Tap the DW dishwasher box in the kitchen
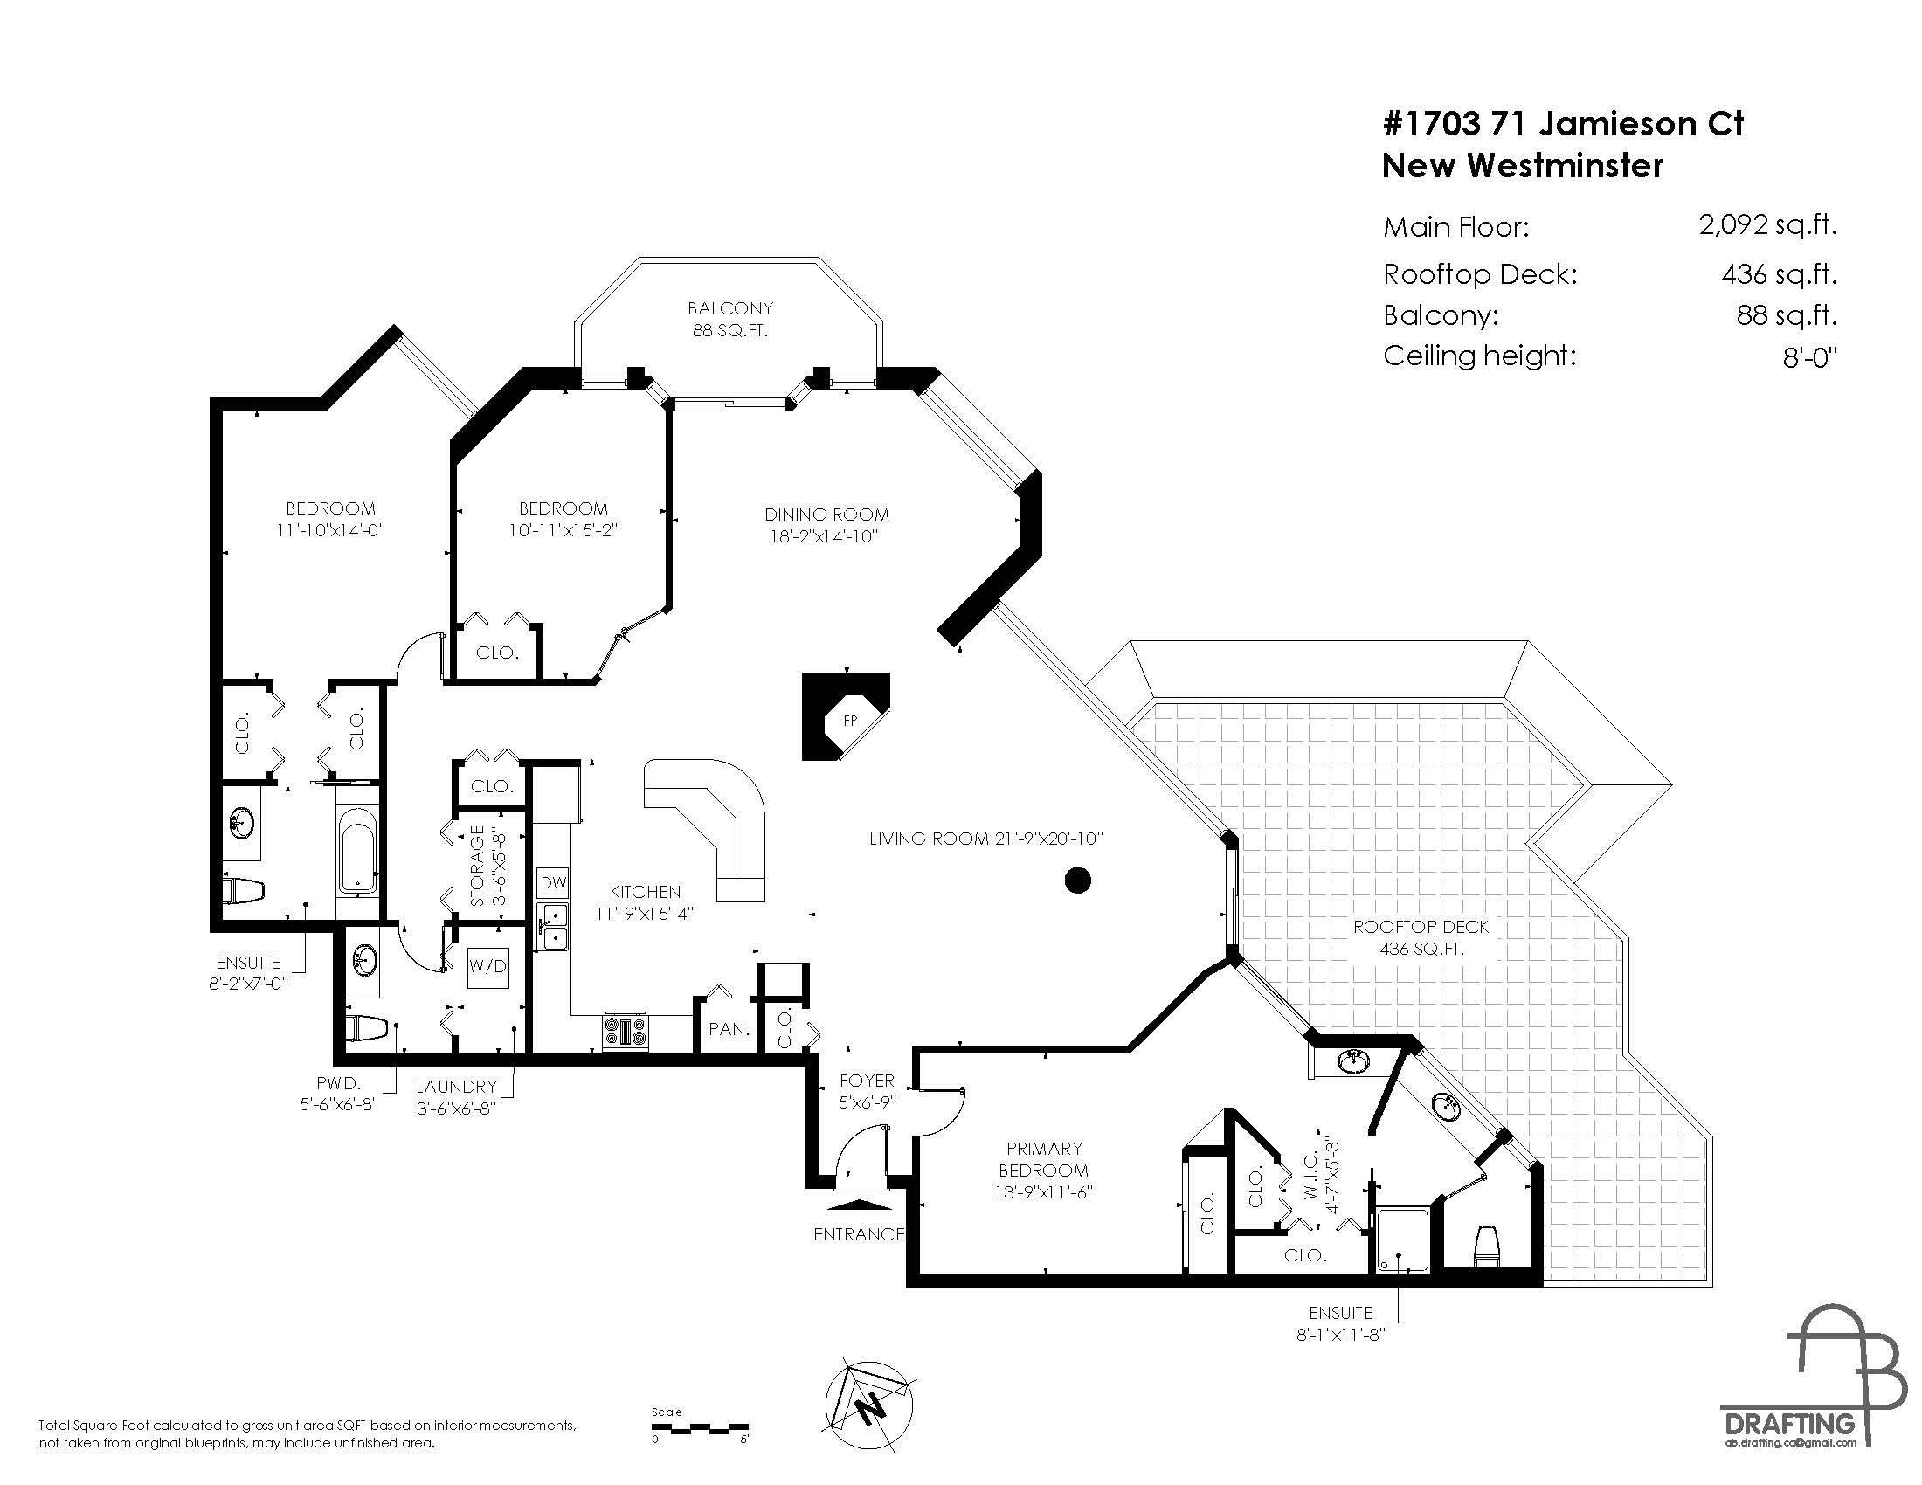[553, 882]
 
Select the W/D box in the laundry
[487, 966]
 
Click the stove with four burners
[626, 1031]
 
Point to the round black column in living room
[1077, 880]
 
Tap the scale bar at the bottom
[700, 1429]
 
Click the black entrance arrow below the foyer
[859, 1205]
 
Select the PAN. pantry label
[729, 1028]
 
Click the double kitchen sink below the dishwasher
[554, 926]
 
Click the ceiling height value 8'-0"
[1810, 357]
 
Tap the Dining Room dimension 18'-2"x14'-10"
[825, 536]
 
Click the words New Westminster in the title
[1523, 165]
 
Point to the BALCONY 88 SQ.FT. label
[729, 320]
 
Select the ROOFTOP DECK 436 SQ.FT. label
[1421, 937]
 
